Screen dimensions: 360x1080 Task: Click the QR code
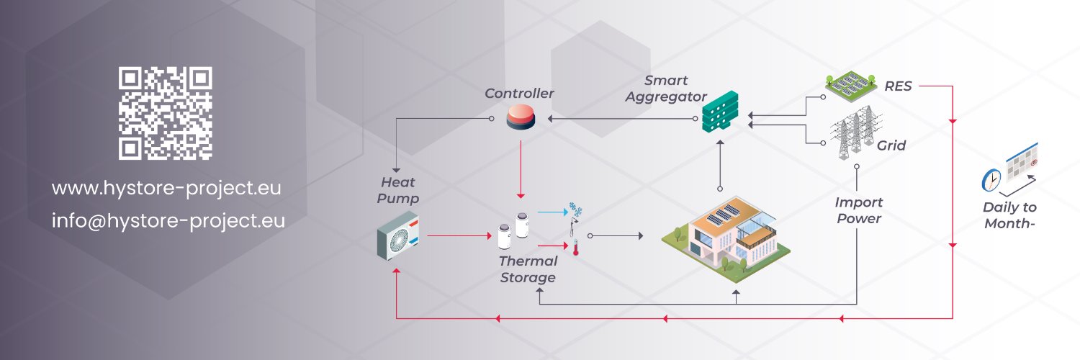(x=166, y=113)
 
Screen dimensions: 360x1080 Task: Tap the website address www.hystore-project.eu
(x=166, y=189)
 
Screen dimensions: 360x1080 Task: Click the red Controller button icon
(x=520, y=117)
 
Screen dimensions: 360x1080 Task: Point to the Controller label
(x=519, y=94)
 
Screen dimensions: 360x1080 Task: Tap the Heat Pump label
(x=400, y=191)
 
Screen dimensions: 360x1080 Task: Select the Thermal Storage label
(x=528, y=269)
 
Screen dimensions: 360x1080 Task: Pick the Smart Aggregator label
(x=666, y=89)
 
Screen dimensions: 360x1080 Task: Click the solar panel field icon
(x=852, y=85)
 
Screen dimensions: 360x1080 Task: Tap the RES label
(x=898, y=86)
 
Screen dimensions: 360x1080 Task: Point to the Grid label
(x=891, y=145)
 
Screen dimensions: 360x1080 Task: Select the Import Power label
(x=859, y=210)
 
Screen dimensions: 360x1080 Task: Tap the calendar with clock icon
(x=1010, y=170)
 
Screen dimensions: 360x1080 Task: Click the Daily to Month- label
(x=1009, y=215)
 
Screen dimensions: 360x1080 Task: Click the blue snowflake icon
(x=575, y=210)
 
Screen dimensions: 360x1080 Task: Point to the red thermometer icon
(x=576, y=248)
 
